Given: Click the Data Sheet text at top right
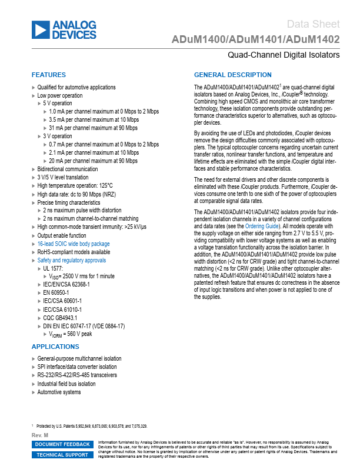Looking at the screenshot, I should coord(314,24).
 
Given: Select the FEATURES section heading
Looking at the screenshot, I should coord(49,75).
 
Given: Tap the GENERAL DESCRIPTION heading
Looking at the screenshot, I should coord(233,75).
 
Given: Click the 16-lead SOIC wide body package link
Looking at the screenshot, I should coord(74,244).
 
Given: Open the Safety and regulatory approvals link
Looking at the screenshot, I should coord(72,260).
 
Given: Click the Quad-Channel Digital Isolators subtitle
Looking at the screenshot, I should coord(284,55).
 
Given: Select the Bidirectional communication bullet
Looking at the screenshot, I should coord(68,169).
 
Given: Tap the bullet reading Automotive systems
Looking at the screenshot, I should coord(59,392).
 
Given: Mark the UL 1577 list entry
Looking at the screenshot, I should coord(56,268).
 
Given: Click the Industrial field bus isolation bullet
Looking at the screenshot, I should coord(66,384).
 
